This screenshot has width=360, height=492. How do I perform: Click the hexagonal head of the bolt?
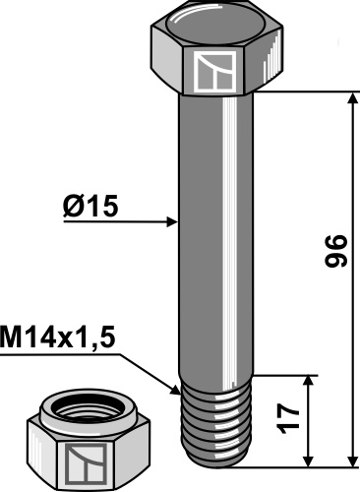[218, 54]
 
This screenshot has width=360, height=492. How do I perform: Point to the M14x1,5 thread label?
[58, 338]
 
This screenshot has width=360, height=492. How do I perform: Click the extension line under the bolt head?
[305, 92]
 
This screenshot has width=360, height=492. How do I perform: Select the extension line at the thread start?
[285, 374]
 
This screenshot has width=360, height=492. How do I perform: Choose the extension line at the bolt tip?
[295, 467]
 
